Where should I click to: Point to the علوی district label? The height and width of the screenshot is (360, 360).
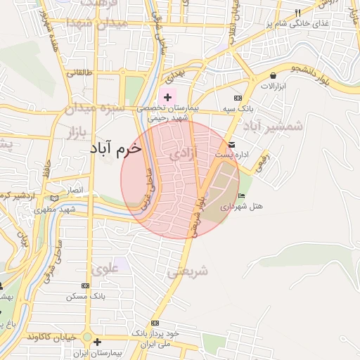pyautogui.click(x=105, y=269)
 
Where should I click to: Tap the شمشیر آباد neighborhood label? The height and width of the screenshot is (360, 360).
pyautogui.click(x=273, y=127)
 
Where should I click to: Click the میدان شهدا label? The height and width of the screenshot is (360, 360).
pyautogui.click(x=97, y=24)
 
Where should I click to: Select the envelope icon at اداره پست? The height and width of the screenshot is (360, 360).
pyautogui.click(x=232, y=144)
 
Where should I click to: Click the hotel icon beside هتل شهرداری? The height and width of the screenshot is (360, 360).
pyautogui.click(x=242, y=195)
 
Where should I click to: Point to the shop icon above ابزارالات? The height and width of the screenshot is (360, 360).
pyautogui.click(x=272, y=75)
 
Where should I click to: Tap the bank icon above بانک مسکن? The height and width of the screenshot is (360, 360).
pyautogui.click(x=86, y=286)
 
